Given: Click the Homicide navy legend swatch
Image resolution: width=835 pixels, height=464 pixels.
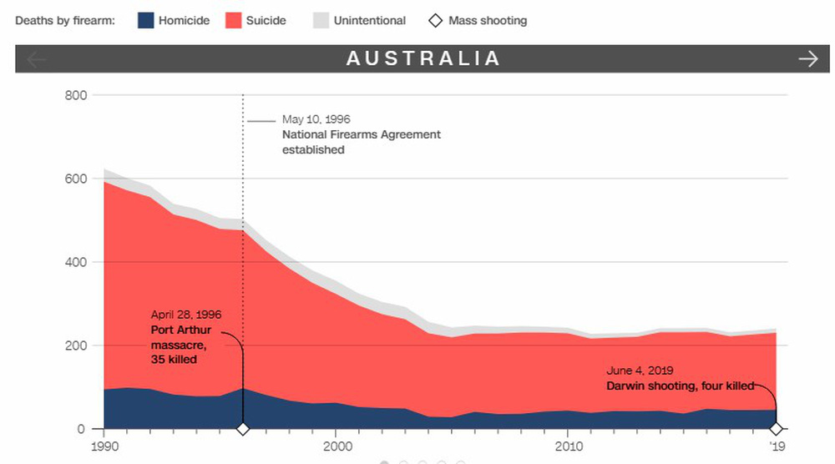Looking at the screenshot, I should pos(146,20).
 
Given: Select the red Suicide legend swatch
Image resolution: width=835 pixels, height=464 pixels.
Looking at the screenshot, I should pos(234,20).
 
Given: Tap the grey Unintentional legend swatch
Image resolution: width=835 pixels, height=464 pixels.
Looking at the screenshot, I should pos(321,20).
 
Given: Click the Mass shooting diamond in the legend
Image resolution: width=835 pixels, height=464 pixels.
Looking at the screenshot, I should pos(434,20).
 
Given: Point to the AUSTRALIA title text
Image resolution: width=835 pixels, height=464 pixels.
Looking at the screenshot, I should pos(423,58).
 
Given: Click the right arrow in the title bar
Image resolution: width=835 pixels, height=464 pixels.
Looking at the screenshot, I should pos(807,58).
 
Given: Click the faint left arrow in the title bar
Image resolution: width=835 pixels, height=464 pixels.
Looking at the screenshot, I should pos(38,58).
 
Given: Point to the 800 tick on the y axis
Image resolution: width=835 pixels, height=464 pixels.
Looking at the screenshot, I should pos(75,95).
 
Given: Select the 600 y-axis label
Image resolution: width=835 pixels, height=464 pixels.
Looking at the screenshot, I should pos(75,179).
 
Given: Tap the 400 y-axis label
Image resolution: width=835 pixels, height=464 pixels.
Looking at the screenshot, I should pos(75,262).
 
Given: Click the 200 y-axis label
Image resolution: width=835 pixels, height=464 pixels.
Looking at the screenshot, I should pos(75,345).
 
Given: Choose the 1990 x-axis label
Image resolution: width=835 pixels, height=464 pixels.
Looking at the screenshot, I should pos(104,446).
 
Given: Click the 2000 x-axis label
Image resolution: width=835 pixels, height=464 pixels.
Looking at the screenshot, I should pos(336,446).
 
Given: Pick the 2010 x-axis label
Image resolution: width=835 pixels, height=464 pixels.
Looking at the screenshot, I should pos(568,446).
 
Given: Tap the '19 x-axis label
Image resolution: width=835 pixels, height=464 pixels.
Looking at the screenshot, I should pos(777,446).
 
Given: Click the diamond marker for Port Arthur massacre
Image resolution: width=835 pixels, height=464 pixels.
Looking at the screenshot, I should pos(243,429).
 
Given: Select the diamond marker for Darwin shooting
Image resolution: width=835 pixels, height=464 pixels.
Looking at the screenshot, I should pos(777,429).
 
